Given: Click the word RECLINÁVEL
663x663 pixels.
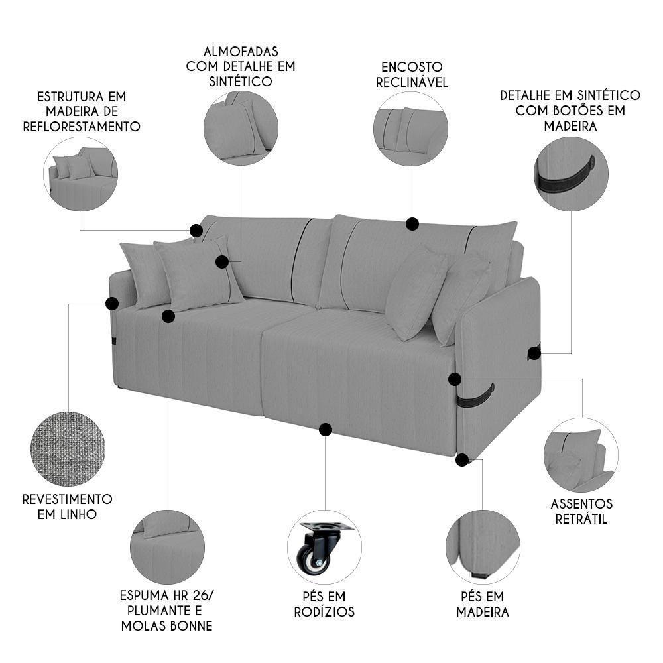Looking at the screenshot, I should click(x=412, y=82).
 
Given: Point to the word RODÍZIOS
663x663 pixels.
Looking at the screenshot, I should click(x=324, y=612).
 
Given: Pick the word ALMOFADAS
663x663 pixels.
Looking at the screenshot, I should click(x=240, y=51).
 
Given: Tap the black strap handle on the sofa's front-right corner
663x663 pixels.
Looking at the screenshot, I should click(x=475, y=396).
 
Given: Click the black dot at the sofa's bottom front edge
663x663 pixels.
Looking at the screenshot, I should click(x=325, y=430).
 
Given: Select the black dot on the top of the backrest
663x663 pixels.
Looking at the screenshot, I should click(x=412, y=224).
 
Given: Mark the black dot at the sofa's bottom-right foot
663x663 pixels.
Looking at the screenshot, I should click(x=462, y=459).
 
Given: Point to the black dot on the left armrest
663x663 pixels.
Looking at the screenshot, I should click(x=111, y=304).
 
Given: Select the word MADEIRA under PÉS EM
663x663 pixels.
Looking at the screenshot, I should click(x=483, y=612).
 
